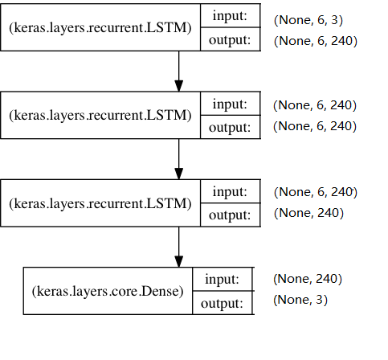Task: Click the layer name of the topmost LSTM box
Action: [x=100, y=28]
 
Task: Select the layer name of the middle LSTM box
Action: [x=100, y=115]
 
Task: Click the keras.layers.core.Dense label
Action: [x=108, y=290]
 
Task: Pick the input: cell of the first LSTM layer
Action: [x=230, y=17]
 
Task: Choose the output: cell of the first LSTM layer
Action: [x=230, y=39]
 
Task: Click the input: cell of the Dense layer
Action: [x=223, y=279]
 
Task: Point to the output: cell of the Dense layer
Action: [x=223, y=302]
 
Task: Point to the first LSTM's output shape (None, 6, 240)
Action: [x=315, y=40]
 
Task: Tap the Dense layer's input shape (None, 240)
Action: [x=308, y=279]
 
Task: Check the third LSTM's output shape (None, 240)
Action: [x=308, y=213]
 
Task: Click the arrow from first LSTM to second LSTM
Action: [x=178, y=72]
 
